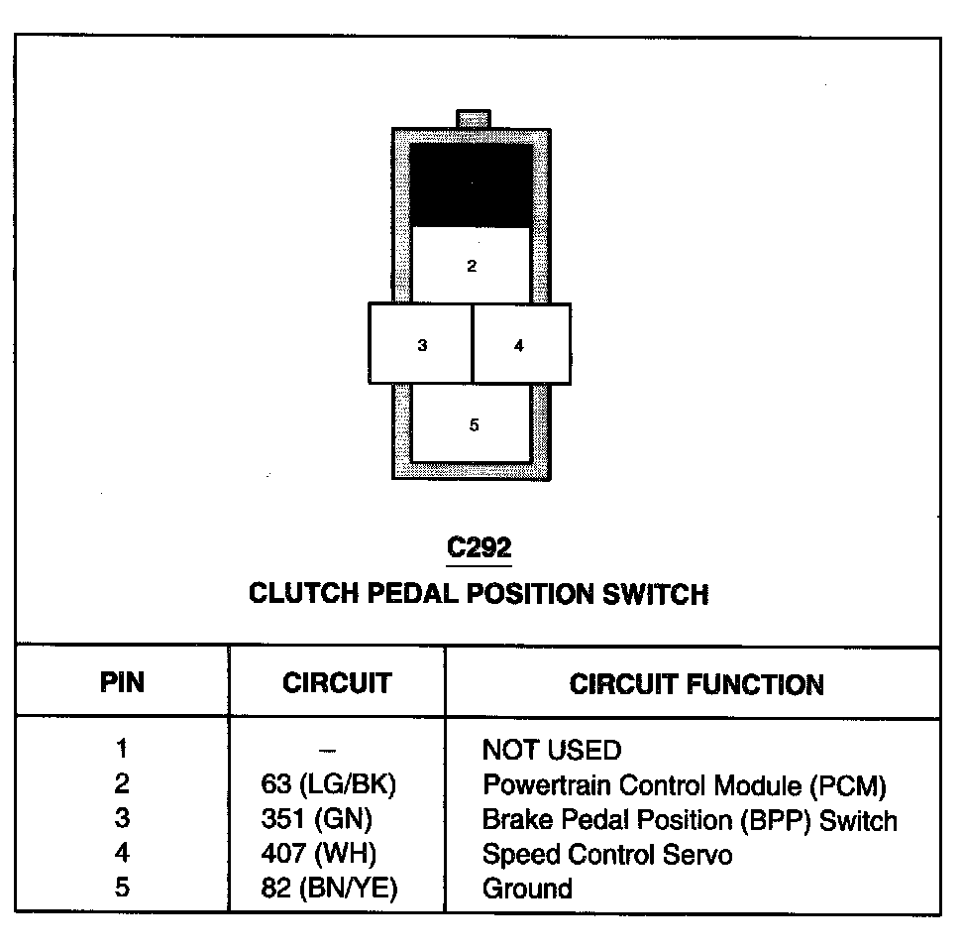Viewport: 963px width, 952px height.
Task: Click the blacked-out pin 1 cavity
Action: click(x=470, y=184)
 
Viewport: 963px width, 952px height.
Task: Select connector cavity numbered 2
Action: click(x=472, y=266)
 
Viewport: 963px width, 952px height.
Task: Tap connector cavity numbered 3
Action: click(x=421, y=344)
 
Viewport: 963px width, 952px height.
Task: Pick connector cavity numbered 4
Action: click(x=520, y=344)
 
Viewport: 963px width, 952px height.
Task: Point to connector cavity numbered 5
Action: click(x=473, y=425)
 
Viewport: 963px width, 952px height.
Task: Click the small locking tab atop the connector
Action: click(x=473, y=119)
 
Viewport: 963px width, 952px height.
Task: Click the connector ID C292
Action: click(x=480, y=547)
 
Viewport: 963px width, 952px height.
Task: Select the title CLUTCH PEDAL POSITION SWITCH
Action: click(x=479, y=594)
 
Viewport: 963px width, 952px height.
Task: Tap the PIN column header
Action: click(x=122, y=683)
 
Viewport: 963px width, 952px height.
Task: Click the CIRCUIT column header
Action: click(x=337, y=683)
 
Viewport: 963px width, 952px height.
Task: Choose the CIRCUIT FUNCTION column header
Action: click(x=696, y=684)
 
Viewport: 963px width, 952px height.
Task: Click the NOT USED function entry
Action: click(x=551, y=750)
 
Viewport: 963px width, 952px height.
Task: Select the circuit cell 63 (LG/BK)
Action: click(x=327, y=785)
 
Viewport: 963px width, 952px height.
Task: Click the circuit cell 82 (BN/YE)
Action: click(x=327, y=889)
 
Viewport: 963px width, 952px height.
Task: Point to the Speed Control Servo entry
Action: click(x=606, y=854)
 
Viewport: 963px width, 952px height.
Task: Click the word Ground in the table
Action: click(x=527, y=889)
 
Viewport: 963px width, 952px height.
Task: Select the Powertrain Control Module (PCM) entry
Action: click(x=684, y=785)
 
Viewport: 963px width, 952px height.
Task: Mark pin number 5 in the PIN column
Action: click(x=122, y=889)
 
